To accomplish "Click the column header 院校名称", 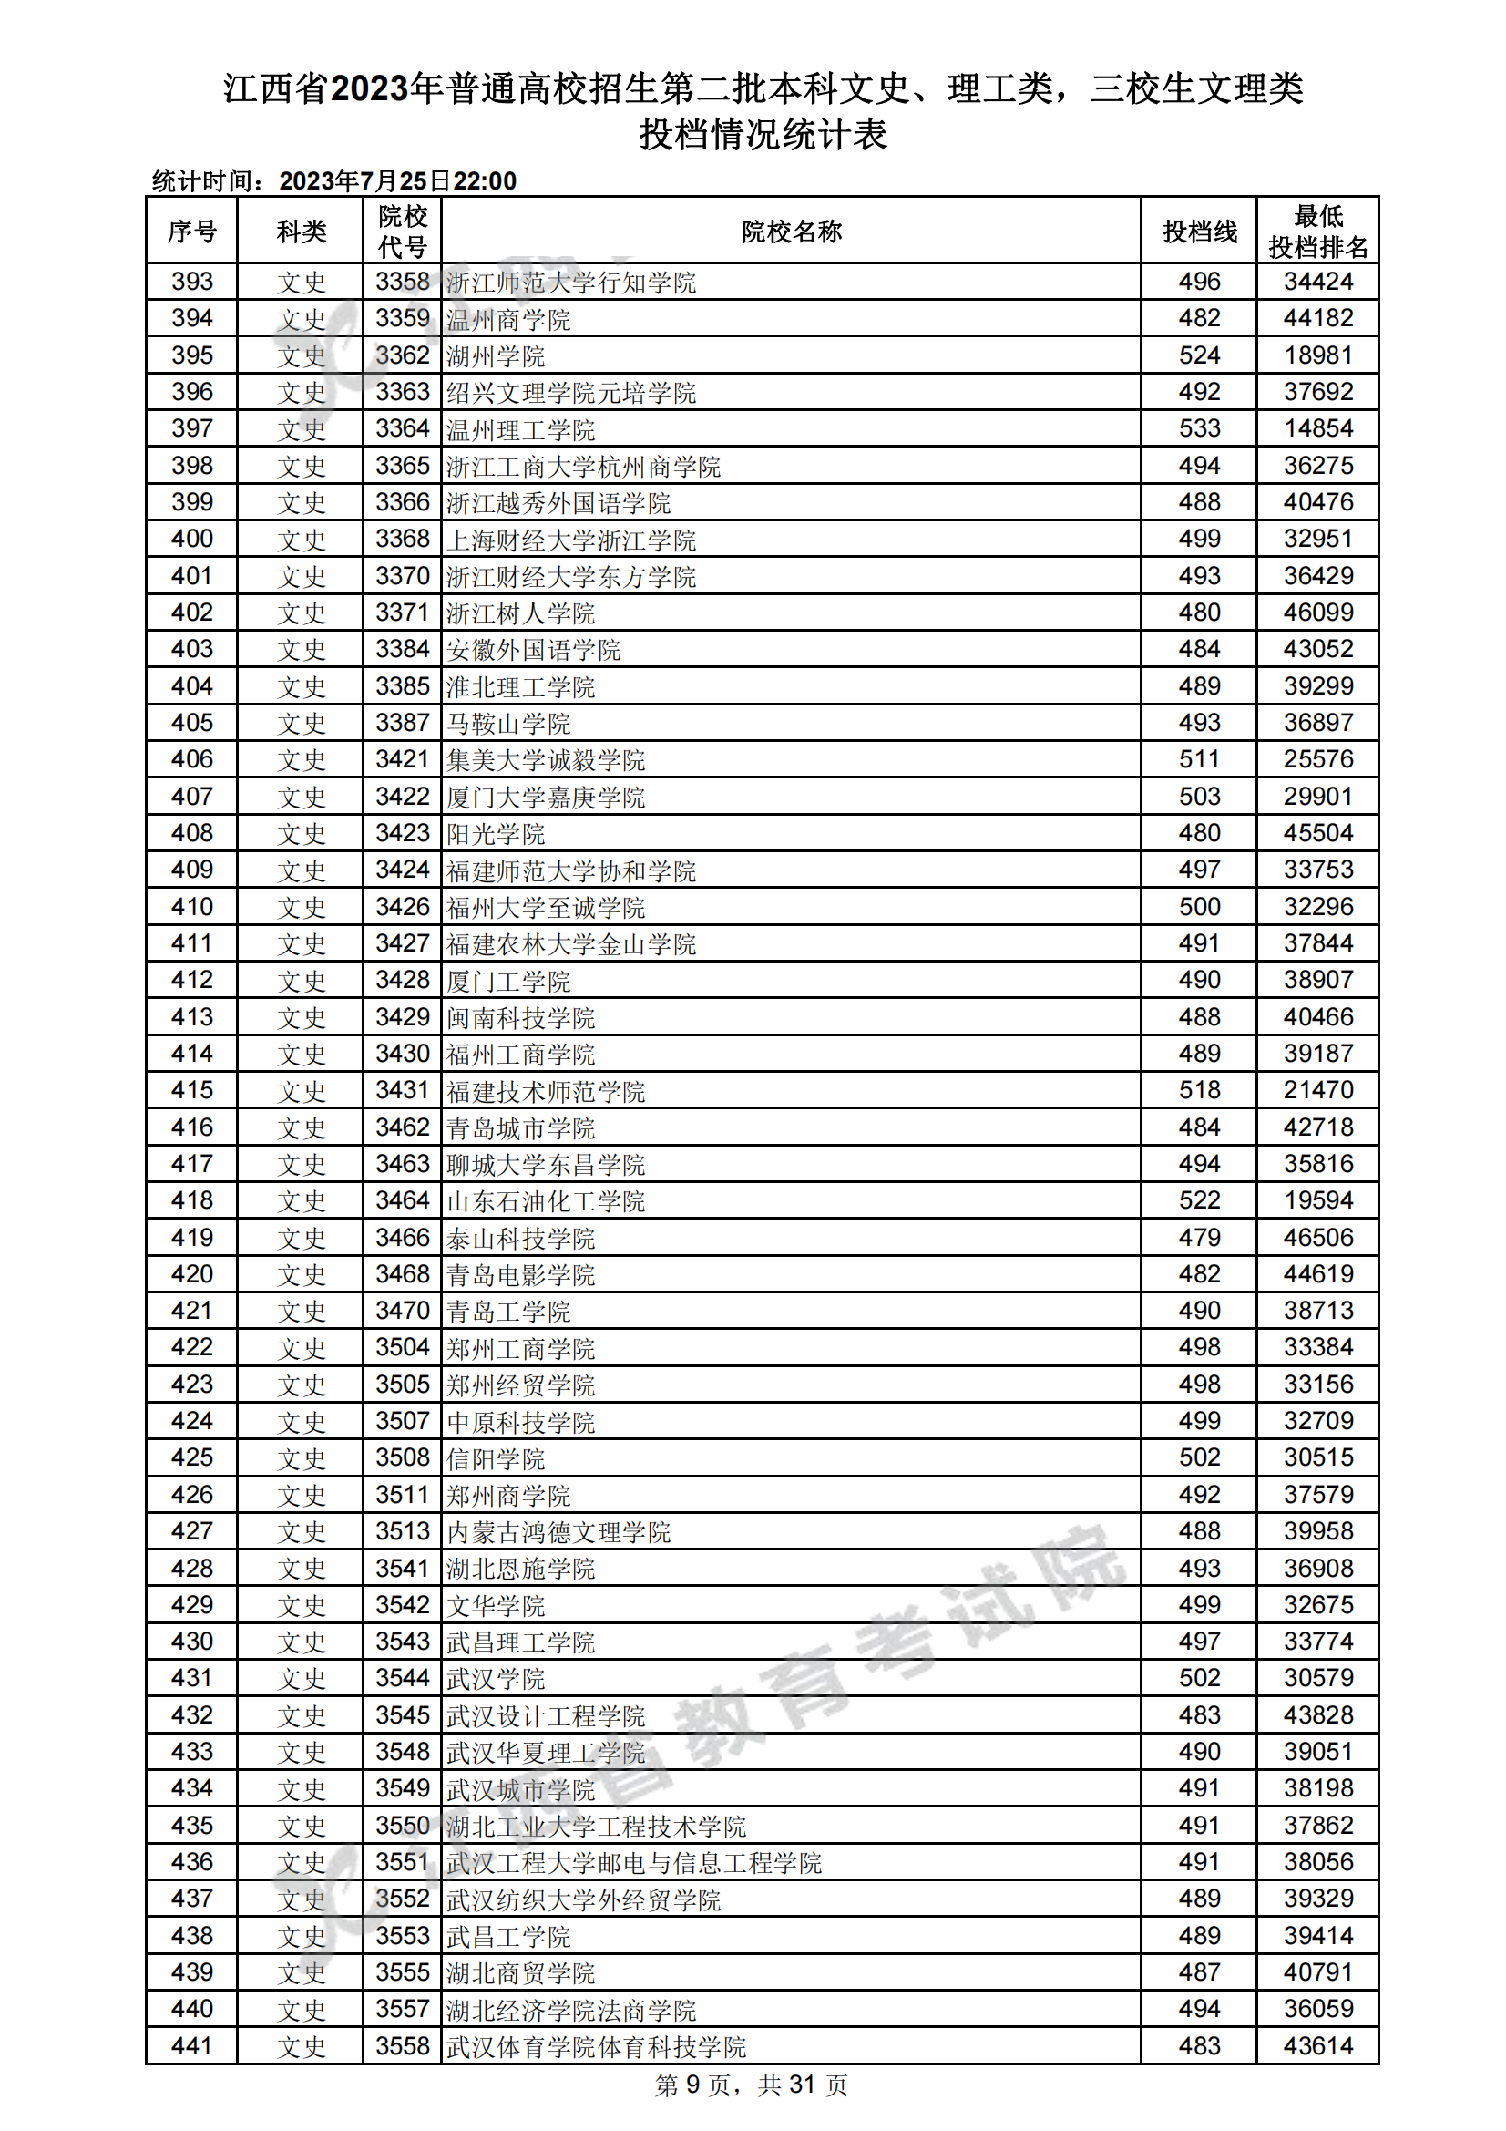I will [x=791, y=232].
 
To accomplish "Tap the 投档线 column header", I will [x=1199, y=232].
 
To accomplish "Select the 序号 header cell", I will [x=192, y=232].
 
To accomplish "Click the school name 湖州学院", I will [x=496, y=356].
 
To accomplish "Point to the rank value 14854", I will [x=1317, y=428].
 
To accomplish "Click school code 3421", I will [x=402, y=759].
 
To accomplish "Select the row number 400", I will [x=192, y=540].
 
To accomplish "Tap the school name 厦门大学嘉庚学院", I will [x=545, y=798].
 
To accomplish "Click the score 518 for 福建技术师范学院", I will [x=1199, y=1089].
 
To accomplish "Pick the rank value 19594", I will [x=1317, y=1200].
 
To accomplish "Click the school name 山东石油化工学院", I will [x=545, y=1202].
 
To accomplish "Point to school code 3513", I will [x=402, y=1530].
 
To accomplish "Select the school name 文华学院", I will [x=496, y=1606].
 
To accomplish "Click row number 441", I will [x=192, y=2045].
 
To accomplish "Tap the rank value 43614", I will [x=1317, y=2045].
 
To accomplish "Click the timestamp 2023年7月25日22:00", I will [x=397, y=181].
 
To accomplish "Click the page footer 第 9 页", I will [x=691, y=2085].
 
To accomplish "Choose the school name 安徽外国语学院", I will [x=533, y=650].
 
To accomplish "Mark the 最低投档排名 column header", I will [x=1317, y=232].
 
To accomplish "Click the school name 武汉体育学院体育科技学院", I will [x=596, y=2047].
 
